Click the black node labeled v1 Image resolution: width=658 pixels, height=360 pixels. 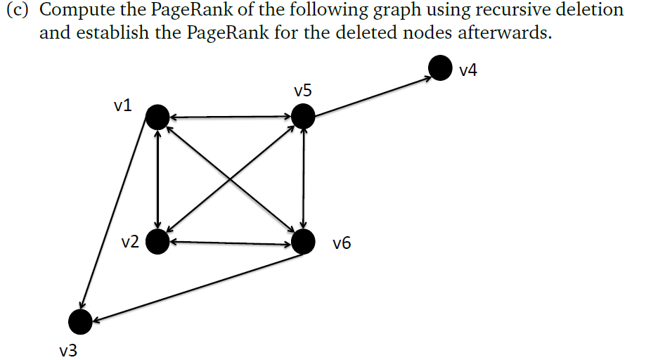(x=157, y=117)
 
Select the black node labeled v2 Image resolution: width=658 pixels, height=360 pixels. (x=158, y=243)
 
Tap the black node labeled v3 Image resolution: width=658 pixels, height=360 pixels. (x=80, y=322)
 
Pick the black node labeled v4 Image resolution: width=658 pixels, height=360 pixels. (x=440, y=68)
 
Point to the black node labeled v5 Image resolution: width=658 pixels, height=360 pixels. (x=303, y=116)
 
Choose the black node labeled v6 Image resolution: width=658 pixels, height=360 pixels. (x=303, y=242)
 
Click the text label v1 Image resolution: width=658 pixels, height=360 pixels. (x=122, y=105)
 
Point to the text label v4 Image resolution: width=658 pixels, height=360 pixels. (x=468, y=70)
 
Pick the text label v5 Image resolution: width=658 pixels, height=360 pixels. (x=304, y=91)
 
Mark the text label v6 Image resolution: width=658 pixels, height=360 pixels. (x=342, y=244)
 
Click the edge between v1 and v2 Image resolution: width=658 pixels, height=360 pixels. (x=158, y=179)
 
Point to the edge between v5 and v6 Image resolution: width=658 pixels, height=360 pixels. (x=303, y=179)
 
